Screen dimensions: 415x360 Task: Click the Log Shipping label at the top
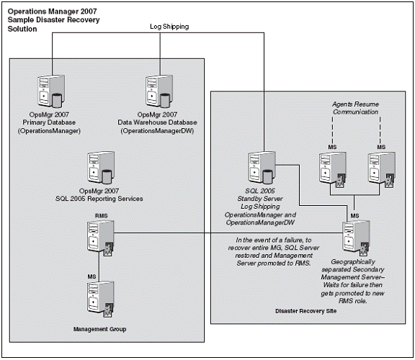pos(169,27)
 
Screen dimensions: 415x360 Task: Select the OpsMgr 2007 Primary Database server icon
pos(51,91)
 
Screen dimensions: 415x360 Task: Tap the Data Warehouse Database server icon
pos(159,91)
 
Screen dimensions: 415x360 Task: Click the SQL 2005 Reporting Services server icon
pos(102,168)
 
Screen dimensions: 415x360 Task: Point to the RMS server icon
pos(101,238)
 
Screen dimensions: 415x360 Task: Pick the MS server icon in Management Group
pos(101,299)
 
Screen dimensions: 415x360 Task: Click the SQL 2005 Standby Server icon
pos(262,168)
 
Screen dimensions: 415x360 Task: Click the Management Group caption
pos(99,329)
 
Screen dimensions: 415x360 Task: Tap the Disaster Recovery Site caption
pos(306,311)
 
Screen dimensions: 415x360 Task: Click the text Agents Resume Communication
pos(355,108)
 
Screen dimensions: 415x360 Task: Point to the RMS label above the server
pos(102,216)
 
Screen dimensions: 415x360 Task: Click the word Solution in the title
pos(22,29)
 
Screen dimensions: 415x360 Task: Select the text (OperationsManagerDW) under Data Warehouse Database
pos(157,131)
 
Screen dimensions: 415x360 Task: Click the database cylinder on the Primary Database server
pos(57,101)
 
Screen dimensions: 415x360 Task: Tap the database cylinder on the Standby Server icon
pos(268,177)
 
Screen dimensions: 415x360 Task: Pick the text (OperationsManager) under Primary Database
pos(49,131)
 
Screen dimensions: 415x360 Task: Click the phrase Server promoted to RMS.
pos(274,264)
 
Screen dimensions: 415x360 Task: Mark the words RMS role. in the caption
pos(353,301)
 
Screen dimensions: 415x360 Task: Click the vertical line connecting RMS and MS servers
pos(99,266)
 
